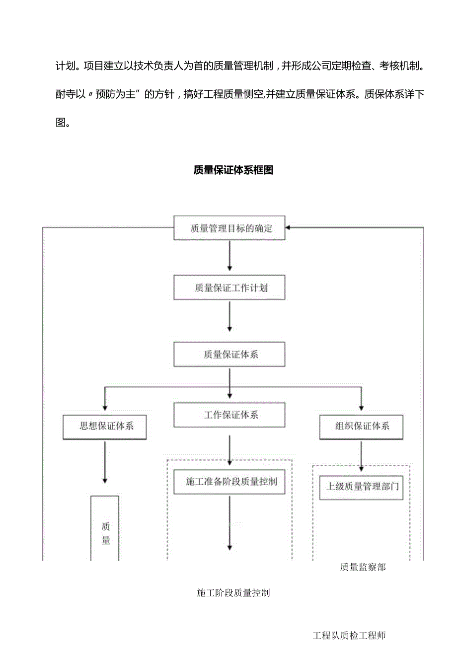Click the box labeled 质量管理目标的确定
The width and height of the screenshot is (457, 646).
[229, 228]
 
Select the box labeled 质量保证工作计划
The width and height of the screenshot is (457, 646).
[229, 287]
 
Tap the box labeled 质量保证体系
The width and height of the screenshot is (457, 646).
[229, 354]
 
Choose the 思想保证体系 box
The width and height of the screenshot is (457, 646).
[105, 426]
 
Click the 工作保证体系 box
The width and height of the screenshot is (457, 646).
[229, 415]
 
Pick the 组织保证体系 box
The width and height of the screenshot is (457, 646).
[361, 426]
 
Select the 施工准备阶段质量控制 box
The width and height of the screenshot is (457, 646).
[229, 481]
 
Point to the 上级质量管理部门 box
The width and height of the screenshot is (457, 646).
[361, 486]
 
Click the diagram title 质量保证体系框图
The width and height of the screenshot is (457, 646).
[233, 170]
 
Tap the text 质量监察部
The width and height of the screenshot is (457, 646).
[363, 567]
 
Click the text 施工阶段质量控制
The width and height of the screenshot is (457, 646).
[233, 592]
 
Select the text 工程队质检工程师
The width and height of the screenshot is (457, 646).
[349, 635]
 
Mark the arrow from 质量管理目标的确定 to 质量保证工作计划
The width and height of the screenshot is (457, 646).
[229, 257]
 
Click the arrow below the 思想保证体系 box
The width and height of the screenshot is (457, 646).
[105, 462]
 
